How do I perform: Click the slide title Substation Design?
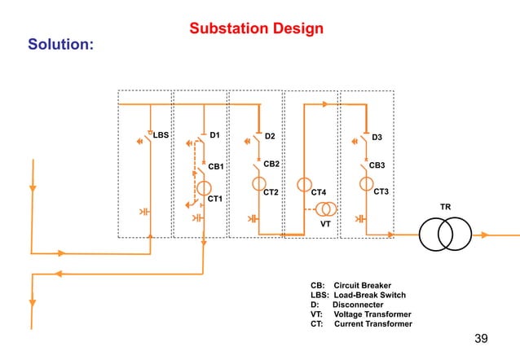(x=256, y=29)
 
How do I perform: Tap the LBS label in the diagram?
(x=161, y=135)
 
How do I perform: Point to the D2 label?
(x=271, y=135)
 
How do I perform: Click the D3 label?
(x=377, y=137)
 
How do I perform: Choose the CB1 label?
(x=216, y=166)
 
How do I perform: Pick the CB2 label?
(x=271, y=164)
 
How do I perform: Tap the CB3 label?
(x=377, y=165)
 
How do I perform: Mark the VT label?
(x=324, y=222)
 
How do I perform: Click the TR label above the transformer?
(x=445, y=207)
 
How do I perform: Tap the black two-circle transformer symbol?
(x=445, y=235)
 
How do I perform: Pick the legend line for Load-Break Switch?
(x=358, y=295)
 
